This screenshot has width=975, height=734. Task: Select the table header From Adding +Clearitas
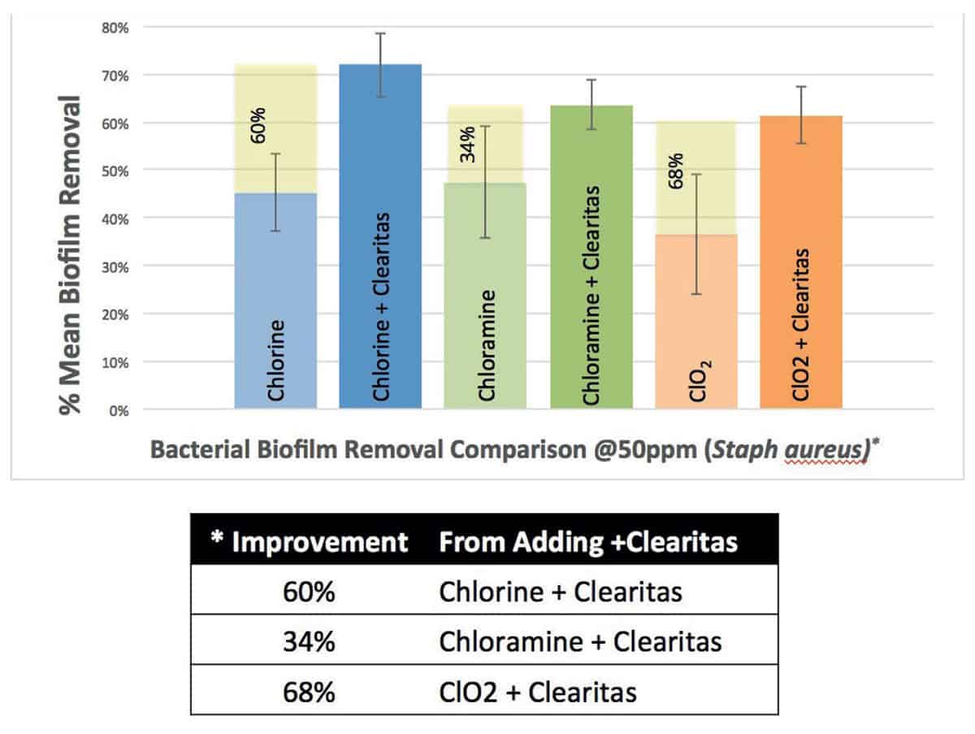(x=588, y=542)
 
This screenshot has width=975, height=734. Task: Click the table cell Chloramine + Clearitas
(x=580, y=642)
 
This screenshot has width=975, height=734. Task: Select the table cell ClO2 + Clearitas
(x=537, y=692)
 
